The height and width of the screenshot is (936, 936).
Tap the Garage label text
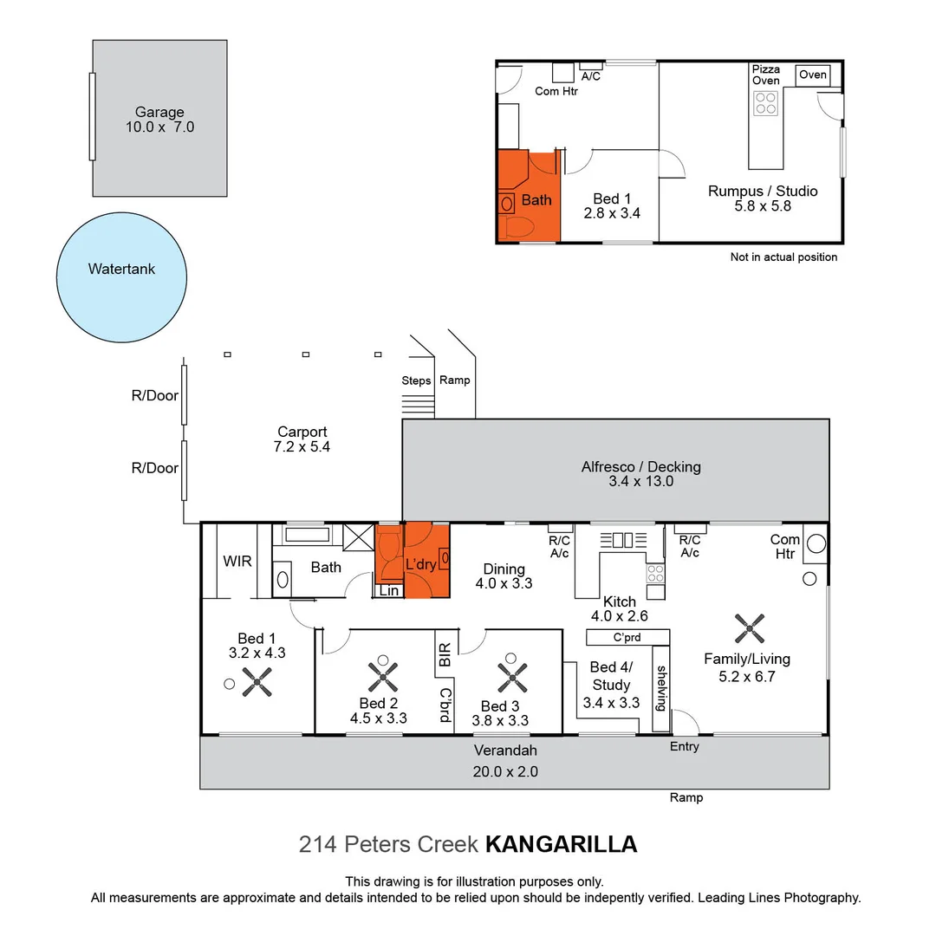159,112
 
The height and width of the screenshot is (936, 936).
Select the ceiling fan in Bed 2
382,675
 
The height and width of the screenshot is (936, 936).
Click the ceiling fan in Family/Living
749,628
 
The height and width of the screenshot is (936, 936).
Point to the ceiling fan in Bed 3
513,675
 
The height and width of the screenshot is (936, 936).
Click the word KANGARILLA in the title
561,844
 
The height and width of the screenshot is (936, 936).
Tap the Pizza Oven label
765,75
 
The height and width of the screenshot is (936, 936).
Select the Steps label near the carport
416,380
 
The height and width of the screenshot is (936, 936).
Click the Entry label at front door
684,746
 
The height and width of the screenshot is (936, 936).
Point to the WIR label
237,562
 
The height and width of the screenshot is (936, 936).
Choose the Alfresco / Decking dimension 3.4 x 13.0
640,482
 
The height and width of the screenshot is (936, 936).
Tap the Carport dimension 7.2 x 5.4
302,447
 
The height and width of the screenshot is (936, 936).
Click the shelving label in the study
661,687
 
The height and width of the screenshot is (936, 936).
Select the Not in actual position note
783,257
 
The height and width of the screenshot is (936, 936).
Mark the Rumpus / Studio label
762,191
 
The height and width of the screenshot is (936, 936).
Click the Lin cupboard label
389,590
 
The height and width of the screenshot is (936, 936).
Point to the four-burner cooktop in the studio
765,104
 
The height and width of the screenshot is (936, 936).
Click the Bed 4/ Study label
612,675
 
